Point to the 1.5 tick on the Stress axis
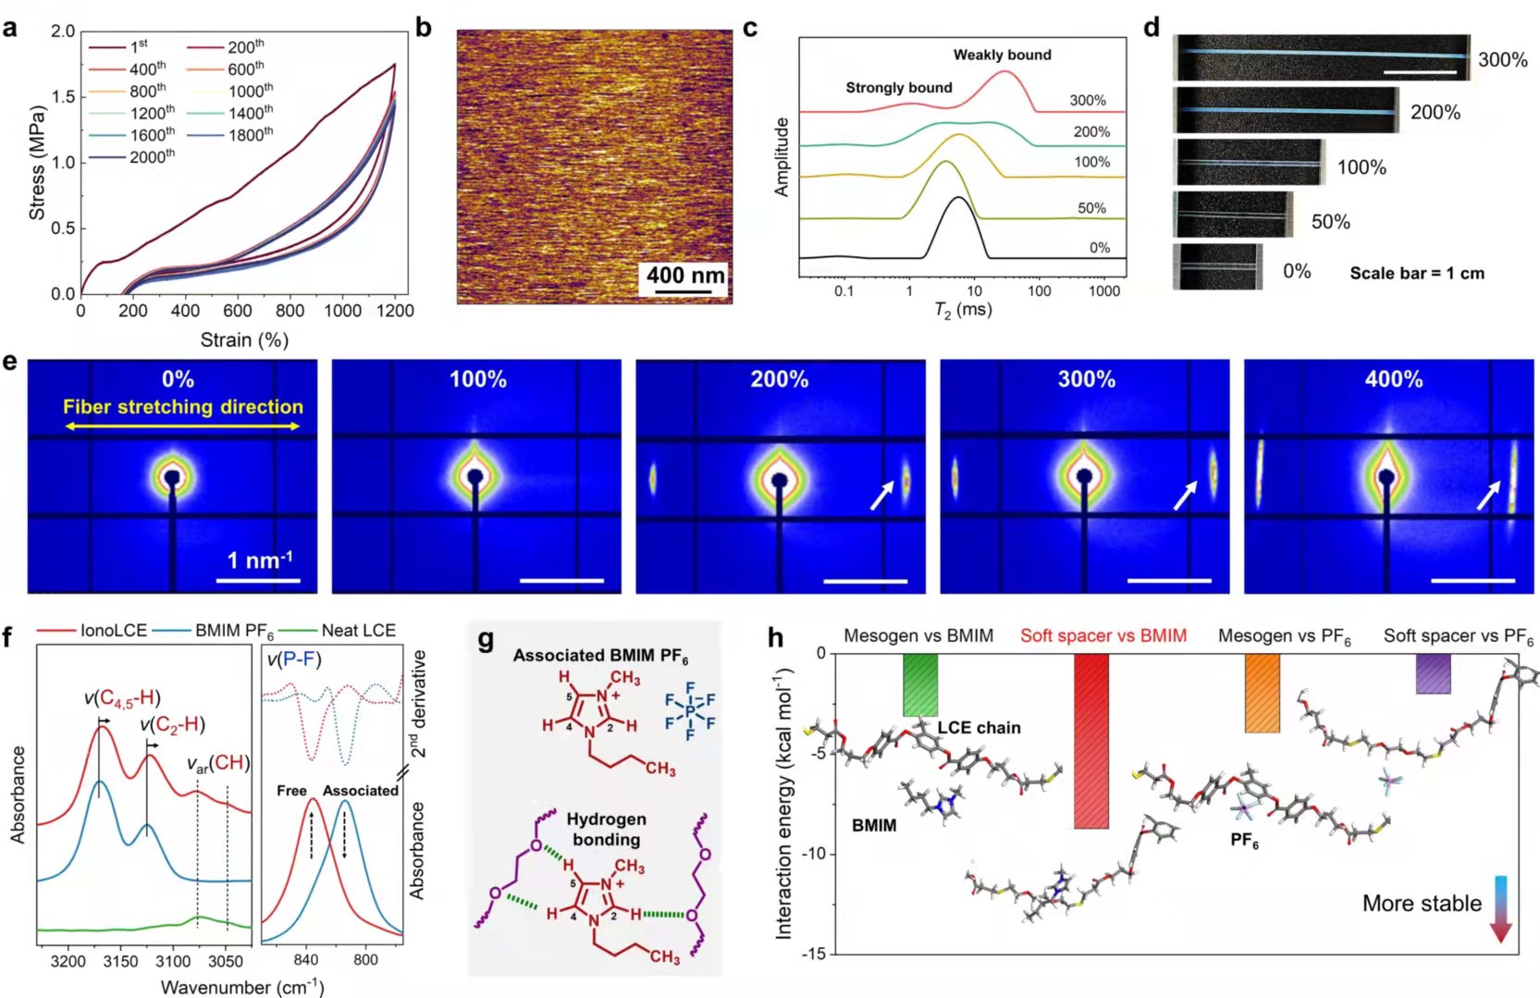click(x=63, y=97)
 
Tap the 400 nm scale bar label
click(x=684, y=275)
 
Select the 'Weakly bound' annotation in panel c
click(x=1002, y=55)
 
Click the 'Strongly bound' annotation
click(x=898, y=88)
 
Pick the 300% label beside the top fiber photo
click(x=1502, y=60)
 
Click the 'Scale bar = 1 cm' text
click(x=1416, y=273)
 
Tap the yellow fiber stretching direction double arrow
click(x=182, y=426)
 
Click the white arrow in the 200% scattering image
click(x=881, y=495)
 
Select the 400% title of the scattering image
click(x=1393, y=379)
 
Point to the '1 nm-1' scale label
click(x=260, y=561)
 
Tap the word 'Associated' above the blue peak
click(x=361, y=791)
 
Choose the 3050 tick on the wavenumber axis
click(x=226, y=961)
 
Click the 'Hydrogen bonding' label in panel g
click(x=606, y=829)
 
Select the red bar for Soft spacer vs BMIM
click(x=1091, y=741)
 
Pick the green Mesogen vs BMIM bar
click(x=920, y=684)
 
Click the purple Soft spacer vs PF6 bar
click(x=1433, y=673)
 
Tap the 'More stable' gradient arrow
click(x=1500, y=907)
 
